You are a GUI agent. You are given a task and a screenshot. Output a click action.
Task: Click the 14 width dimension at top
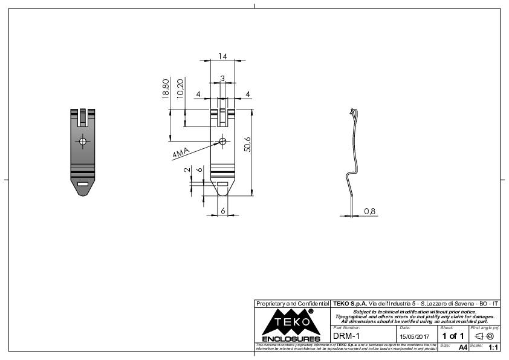pos(223,56)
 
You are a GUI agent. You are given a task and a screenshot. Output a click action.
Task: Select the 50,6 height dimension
pos(248,144)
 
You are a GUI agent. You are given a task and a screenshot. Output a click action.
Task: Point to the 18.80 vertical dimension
pos(166,88)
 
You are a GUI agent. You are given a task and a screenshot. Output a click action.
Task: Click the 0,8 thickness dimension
pos(369,211)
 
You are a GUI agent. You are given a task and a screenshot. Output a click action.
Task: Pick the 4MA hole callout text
pos(181,152)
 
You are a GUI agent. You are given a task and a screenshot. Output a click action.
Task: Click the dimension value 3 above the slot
pos(222,79)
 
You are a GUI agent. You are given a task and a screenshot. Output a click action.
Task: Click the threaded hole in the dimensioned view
pos(222,142)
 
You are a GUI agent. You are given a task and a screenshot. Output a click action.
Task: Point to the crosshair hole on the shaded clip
pos(83,142)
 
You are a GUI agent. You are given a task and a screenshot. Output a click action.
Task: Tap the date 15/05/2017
pos(414,336)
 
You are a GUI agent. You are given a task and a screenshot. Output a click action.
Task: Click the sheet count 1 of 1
pos(453,336)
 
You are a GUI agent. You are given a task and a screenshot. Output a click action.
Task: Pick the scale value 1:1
pos(493,348)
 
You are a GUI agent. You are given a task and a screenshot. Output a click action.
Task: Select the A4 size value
pos(463,348)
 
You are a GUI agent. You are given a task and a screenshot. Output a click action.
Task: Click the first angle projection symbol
pos(485,336)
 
